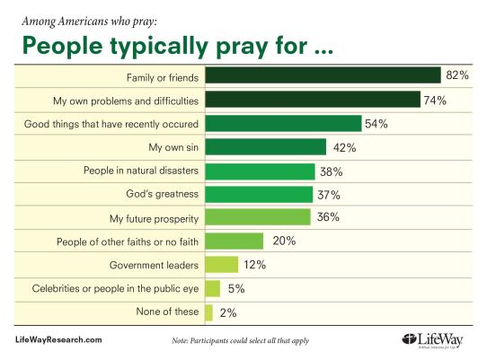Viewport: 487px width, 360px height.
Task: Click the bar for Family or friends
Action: (323, 76)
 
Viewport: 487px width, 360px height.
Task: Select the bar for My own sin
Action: (266, 147)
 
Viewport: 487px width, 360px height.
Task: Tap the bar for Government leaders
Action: (222, 264)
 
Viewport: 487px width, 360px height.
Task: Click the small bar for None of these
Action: (209, 312)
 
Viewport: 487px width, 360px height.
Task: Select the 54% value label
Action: (376, 123)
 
